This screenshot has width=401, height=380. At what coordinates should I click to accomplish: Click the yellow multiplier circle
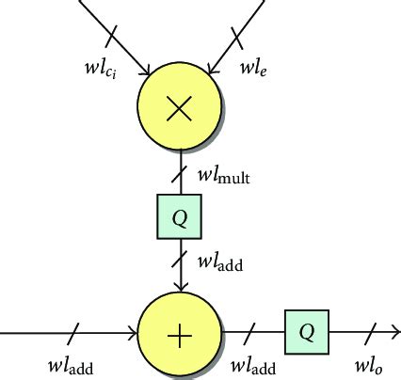179,109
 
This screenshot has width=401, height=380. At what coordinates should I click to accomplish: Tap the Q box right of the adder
306,332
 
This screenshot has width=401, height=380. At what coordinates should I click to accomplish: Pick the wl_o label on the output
368,366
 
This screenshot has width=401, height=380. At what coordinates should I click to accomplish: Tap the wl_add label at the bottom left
71,366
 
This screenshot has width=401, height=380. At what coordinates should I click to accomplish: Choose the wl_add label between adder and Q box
255,366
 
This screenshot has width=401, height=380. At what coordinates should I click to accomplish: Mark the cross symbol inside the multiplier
179,109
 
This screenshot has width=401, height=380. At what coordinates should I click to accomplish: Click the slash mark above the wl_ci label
111,37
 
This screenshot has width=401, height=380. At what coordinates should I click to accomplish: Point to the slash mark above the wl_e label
236,36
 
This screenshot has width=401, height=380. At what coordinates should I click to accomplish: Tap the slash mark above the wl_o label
372,332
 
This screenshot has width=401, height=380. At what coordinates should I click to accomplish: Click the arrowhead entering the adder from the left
133,332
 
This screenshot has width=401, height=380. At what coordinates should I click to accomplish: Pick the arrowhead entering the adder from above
179,285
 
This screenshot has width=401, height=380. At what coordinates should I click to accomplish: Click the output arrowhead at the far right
394,332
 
